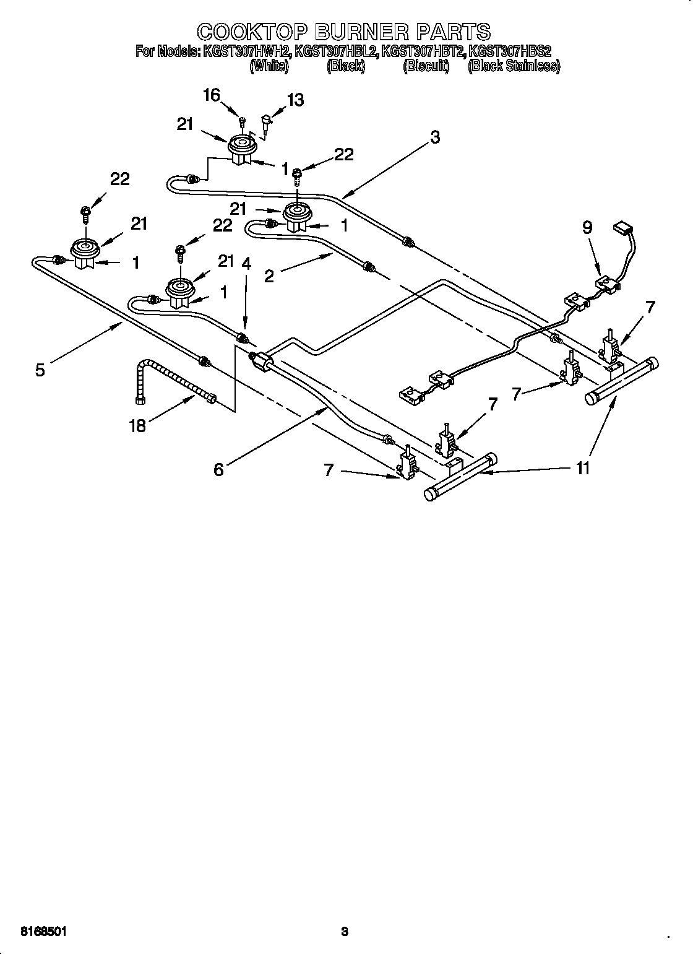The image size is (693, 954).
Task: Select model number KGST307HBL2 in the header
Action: (x=336, y=51)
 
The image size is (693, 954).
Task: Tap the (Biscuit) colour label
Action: (x=426, y=66)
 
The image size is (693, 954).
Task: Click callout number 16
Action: (x=211, y=95)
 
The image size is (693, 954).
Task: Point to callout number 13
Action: (x=295, y=100)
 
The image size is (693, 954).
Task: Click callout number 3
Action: (x=435, y=137)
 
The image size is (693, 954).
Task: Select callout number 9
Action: (x=587, y=227)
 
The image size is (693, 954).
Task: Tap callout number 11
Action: (x=582, y=468)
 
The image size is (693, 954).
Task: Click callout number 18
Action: (x=137, y=425)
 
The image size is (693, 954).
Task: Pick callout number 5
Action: (x=40, y=370)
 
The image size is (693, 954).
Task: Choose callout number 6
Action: (x=218, y=469)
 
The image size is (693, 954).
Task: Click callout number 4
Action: (x=246, y=263)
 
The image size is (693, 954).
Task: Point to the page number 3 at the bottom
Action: (x=345, y=913)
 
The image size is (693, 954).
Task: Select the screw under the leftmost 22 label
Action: (x=85, y=213)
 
